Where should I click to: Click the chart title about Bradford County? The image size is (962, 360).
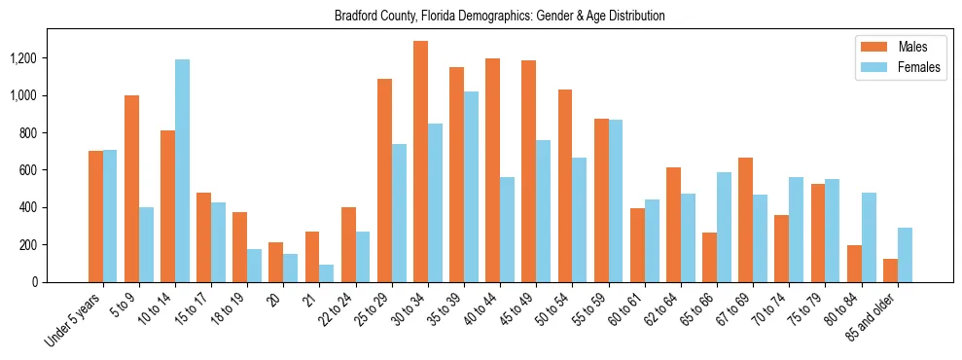pos(499,16)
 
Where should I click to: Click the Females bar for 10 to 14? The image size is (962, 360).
pos(182,170)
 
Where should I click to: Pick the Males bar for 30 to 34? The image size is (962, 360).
pos(420,162)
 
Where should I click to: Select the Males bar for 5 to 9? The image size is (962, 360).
pos(131,189)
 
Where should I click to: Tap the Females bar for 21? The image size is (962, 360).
pos(327,273)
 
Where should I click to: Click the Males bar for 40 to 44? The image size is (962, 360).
pos(492,170)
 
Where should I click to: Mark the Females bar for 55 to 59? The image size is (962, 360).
pos(615,200)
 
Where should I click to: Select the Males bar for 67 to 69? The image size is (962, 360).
pos(745,220)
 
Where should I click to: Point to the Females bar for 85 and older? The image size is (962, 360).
pos(904,255)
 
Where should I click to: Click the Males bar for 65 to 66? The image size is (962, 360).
pos(709,257)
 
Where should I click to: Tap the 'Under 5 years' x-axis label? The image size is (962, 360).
pos(75,320)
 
